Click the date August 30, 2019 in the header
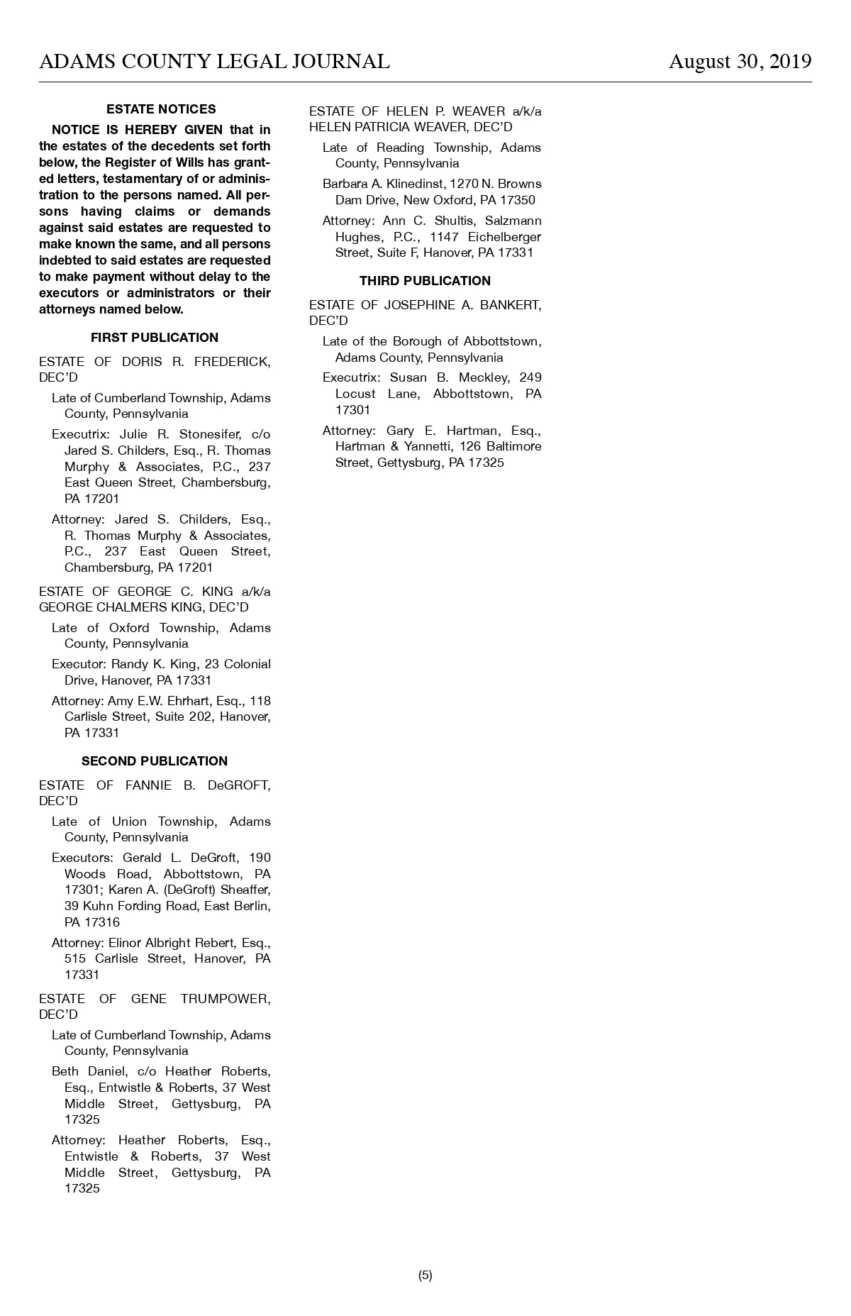pos(740,62)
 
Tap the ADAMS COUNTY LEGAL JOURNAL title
pos(214,62)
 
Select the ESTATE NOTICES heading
pos(161,109)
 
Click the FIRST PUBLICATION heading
pos(155,338)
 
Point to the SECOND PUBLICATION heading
pos(155,761)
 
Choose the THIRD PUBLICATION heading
pos(425,281)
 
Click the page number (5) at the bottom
pos(425,1275)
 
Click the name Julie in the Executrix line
pos(133,434)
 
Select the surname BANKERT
pos(511,305)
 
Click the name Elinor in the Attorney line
pos(125,943)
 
